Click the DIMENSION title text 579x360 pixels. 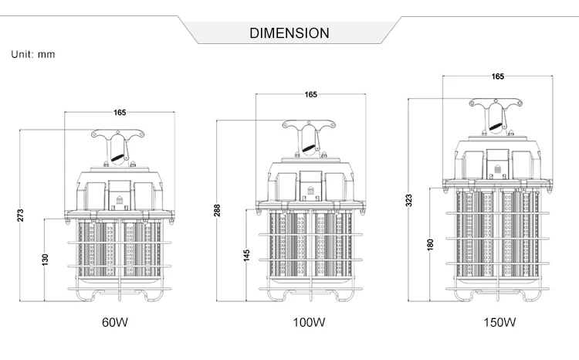tap(289, 33)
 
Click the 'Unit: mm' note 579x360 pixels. tap(33, 55)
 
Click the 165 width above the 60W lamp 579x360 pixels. tap(120, 113)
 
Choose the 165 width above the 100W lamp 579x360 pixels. tap(310, 94)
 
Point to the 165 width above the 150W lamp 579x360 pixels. tap(497, 76)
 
